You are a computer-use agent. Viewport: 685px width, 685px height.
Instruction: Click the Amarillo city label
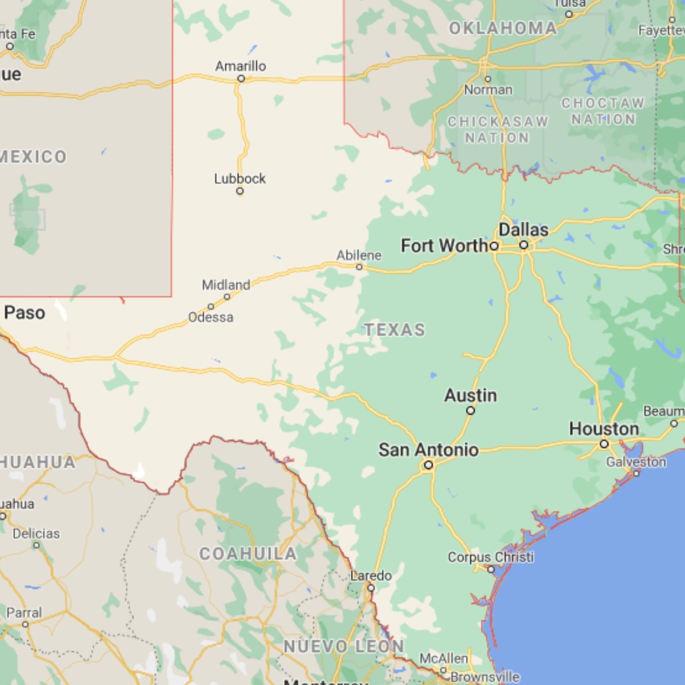(x=241, y=66)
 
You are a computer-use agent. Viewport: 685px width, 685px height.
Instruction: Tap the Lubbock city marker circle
(x=240, y=191)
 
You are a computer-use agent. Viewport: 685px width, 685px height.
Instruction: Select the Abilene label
(x=358, y=255)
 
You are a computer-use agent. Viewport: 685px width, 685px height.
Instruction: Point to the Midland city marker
(x=227, y=297)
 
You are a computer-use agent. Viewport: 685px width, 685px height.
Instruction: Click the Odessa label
(x=211, y=317)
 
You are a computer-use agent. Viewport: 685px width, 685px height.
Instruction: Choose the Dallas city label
(x=524, y=230)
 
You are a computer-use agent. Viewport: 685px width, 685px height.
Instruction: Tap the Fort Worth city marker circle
(x=494, y=246)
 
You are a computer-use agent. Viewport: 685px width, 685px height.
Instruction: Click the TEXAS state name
(x=395, y=330)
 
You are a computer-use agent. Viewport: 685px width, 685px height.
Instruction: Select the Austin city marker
(x=471, y=411)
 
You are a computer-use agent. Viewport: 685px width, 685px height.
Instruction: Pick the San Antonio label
(x=429, y=450)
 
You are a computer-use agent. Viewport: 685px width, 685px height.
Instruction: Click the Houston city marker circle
(x=604, y=444)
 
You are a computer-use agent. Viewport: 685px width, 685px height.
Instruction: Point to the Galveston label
(x=636, y=462)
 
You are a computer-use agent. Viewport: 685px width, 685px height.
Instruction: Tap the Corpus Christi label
(x=491, y=557)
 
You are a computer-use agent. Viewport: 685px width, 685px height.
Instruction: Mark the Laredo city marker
(x=371, y=588)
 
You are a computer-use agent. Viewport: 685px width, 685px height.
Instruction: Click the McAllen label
(x=444, y=658)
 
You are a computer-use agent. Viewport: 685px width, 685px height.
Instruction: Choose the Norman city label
(x=488, y=90)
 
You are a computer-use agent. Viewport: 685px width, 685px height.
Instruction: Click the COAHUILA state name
(x=248, y=554)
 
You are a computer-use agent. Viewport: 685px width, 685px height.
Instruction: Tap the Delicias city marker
(x=36, y=545)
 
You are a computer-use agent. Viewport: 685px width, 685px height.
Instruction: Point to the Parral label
(x=24, y=613)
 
